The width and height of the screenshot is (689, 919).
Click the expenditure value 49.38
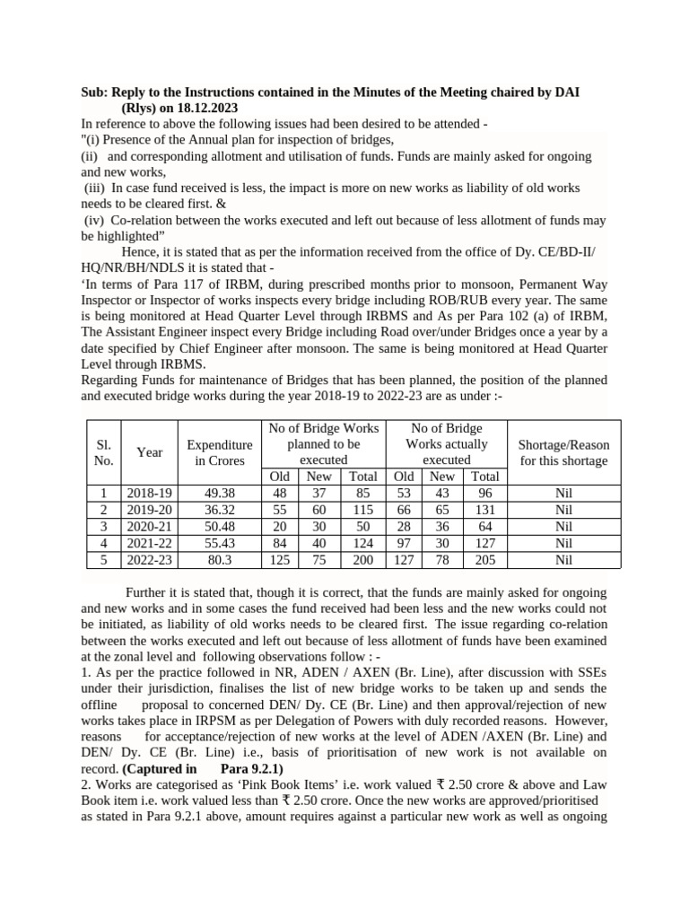(219, 493)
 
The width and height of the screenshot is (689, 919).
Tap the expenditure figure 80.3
(219, 560)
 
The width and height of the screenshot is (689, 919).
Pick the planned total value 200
(363, 560)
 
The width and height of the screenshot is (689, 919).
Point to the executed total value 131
(485, 509)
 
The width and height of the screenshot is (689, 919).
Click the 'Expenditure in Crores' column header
(219, 452)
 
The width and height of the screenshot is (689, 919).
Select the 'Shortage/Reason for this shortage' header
(563, 452)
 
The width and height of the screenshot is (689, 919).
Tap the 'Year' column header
(150, 452)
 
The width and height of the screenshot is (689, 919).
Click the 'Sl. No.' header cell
(103, 452)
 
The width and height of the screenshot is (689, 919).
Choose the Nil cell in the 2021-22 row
(563, 543)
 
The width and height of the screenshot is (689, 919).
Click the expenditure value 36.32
(219, 509)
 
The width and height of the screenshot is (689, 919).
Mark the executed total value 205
(485, 560)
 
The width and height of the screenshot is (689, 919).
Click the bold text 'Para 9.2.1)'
(251, 769)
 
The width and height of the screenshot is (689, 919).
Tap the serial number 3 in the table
(103, 526)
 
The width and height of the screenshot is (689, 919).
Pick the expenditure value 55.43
(219, 543)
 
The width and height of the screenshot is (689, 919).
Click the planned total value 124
(363, 543)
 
